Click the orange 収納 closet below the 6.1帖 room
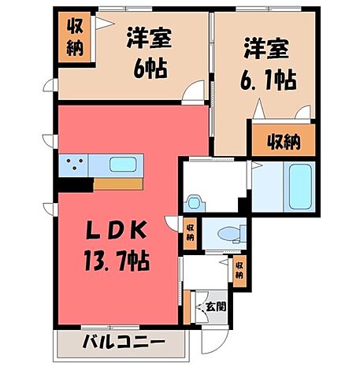pos(281,142)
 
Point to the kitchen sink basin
pos(122,166)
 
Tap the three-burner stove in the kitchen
pos(74,166)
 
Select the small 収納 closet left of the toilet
pos(190,233)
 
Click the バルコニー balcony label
pos(123,344)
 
